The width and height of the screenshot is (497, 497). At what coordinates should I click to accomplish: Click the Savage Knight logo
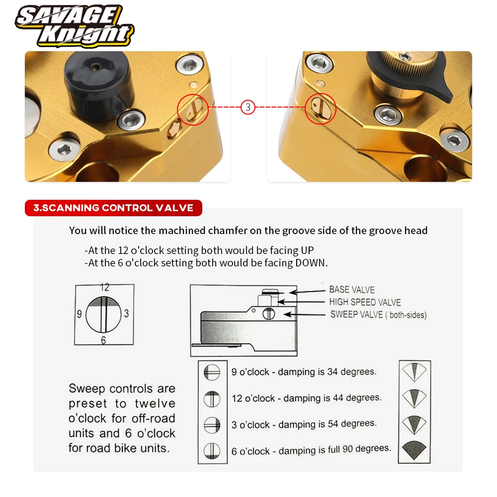pos(75,26)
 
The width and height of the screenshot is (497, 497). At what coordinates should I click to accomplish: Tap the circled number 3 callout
pos(248,107)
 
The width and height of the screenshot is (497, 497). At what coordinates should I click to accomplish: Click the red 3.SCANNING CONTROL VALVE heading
pos(113,208)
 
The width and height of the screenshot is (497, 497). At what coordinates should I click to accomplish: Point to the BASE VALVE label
pos(352,289)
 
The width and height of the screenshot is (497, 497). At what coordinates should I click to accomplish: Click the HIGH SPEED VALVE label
pos(365,302)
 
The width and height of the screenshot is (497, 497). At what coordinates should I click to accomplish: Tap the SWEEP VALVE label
pos(378,315)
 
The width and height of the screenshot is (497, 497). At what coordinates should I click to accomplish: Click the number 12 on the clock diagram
pos(104,287)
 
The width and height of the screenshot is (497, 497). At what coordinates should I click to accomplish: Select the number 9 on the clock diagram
pos(79,314)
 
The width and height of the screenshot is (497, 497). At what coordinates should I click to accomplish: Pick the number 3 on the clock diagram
pos(126,314)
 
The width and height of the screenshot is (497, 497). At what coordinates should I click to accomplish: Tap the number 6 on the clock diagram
pos(103,340)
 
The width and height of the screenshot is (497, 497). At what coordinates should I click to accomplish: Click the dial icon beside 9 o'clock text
pos(212,372)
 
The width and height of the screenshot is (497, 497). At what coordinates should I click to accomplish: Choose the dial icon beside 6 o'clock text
pos(212,451)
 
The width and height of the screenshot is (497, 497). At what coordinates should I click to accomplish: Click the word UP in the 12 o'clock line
pos(307,250)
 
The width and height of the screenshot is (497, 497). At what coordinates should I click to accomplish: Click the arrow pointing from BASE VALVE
pos(308,292)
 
